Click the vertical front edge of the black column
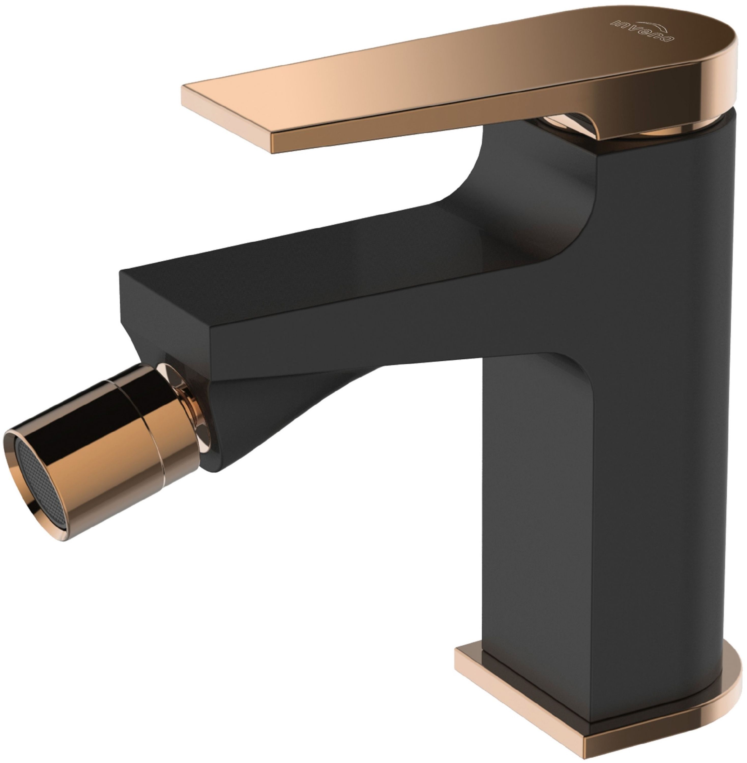point(596,392)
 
